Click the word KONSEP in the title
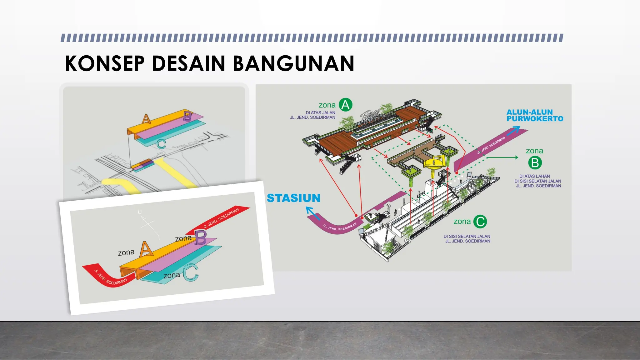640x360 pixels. click(x=105, y=63)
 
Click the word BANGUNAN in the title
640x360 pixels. click(x=293, y=63)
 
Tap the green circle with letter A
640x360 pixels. click(x=345, y=105)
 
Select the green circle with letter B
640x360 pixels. click(x=535, y=163)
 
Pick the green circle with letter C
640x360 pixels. click(x=480, y=222)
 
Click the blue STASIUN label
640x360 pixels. click(x=293, y=198)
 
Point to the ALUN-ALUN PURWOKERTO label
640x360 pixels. click(x=535, y=115)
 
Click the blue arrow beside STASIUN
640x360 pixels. click(x=312, y=213)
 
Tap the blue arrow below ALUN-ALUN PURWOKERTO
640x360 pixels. click(x=513, y=131)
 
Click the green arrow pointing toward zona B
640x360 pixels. click(x=502, y=157)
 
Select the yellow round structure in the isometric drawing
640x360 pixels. click(x=434, y=163)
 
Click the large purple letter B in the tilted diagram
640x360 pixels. click(x=201, y=238)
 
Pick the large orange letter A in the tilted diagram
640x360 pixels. click(x=146, y=249)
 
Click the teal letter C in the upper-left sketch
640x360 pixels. click(x=161, y=144)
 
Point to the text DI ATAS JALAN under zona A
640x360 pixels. click(x=320, y=113)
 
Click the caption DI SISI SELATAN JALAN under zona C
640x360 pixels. click(x=467, y=237)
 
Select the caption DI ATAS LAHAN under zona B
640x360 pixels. click(x=534, y=176)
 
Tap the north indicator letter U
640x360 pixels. click(x=140, y=212)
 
